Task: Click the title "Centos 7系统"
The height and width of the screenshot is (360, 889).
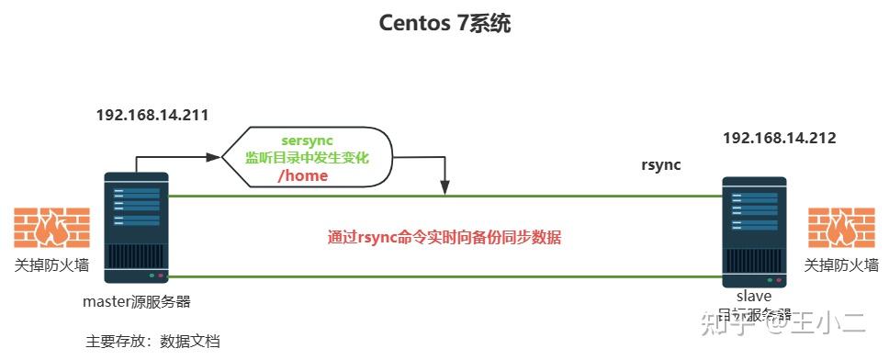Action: coord(444,24)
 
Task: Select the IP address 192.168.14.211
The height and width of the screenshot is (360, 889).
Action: coord(152,116)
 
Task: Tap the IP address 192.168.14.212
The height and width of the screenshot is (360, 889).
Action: coord(779,139)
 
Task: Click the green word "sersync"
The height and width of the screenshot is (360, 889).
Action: coord(307,140)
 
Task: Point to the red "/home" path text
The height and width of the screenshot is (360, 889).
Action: coord(302,175)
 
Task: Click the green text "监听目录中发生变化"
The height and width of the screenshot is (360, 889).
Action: coord(306,157)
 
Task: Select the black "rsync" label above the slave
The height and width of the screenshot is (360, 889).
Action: coord(661,165)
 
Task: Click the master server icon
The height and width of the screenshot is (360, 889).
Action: coord(136,227)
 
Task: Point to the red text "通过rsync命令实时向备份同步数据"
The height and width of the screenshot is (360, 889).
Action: coord(444,237)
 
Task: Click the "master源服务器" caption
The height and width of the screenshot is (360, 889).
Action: coord(137,301)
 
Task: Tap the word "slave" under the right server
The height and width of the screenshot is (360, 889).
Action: coord(753,296)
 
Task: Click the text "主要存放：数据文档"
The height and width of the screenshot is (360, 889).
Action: coord(152,341)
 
